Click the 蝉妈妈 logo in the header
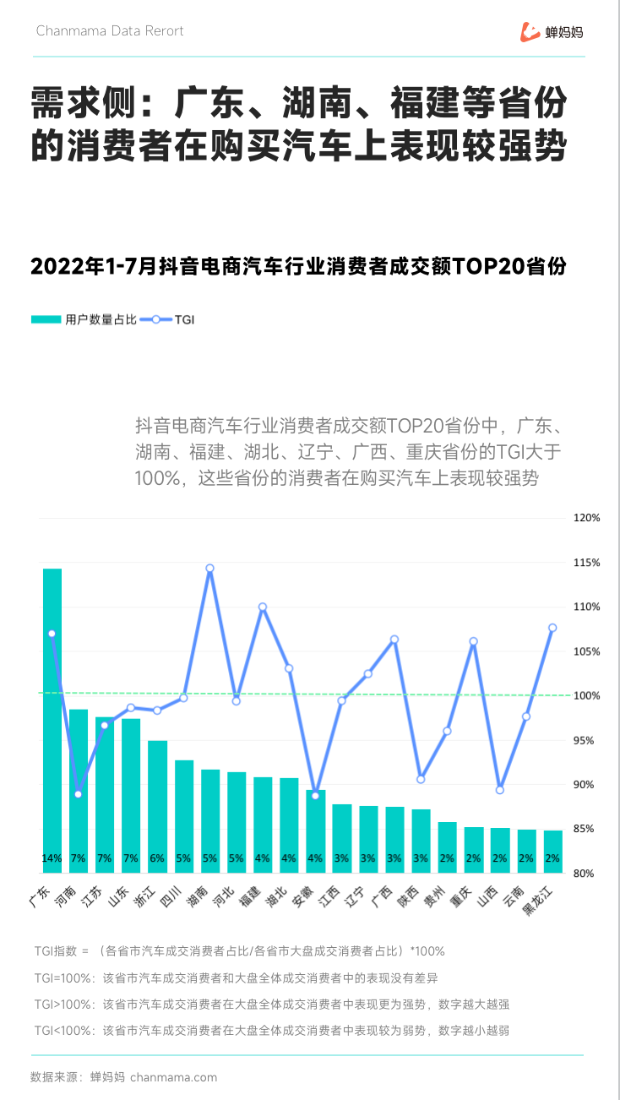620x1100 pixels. click(x=552, y=32)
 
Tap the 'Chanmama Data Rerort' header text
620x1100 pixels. click(x=110, y=31)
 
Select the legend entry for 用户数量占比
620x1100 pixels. click(x=84, y=319)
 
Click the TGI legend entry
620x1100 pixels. click(x=169, y=319)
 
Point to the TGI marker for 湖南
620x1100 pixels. click(x=209, y=569)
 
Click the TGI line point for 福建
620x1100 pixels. click(x=263, y=607)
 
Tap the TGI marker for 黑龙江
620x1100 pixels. click(x=552, y=628)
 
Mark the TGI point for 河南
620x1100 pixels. click(x=79, y=794)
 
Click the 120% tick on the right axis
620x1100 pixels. click(x=586, y=518)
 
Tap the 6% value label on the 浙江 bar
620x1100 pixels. click(x=157, y=858)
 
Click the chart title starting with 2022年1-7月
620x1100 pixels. click(x=297, y=266)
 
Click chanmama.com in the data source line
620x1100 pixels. click(x=174, y=1077)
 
